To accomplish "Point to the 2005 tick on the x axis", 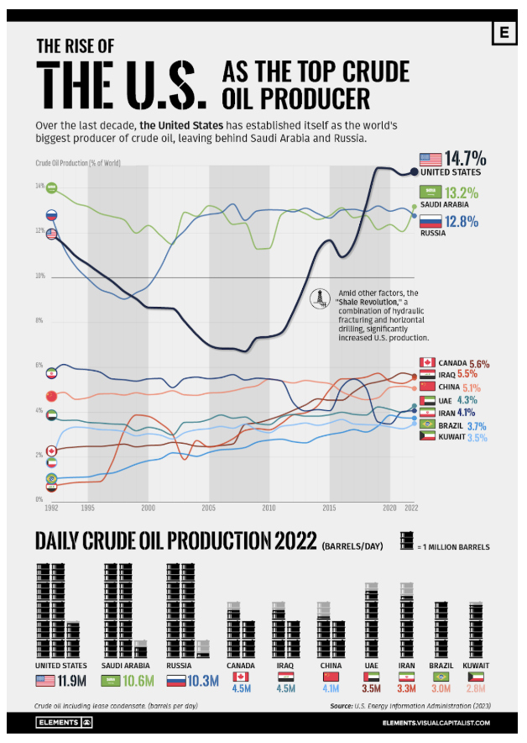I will pos(209,509).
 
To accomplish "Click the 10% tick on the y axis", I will pos(39,276).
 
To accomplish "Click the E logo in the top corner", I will pos(504,33).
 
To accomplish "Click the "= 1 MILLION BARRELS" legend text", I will pos(454,546).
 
